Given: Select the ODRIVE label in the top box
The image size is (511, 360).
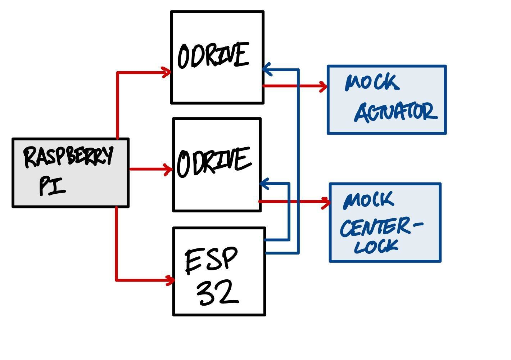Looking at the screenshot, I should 213,55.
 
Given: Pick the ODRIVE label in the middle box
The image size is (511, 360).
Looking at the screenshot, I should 213,162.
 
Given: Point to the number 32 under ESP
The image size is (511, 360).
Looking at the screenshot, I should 217,292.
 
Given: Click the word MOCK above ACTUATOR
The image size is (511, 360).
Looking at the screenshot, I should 372,83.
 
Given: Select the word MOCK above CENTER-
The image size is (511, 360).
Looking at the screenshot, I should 369,201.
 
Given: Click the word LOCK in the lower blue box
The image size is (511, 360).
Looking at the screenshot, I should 376,246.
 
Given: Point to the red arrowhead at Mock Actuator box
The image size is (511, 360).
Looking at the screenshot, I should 323,86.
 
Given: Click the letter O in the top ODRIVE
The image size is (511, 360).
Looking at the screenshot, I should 184,57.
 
